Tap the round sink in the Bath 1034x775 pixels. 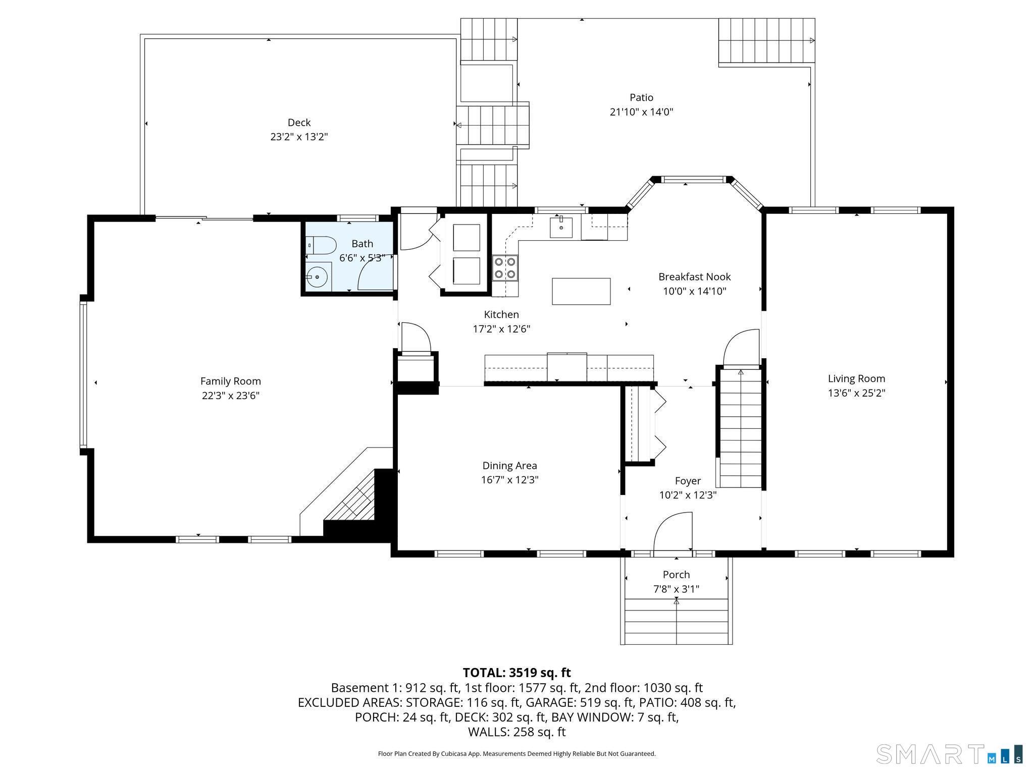(317, 277)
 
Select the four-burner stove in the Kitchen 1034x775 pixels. (505, 268)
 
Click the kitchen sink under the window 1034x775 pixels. (561, 227)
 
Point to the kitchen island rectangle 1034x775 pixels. (581, 291)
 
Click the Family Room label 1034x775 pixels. (231, 381)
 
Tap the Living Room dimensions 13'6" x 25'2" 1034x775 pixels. (857, 393)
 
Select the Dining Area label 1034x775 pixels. (510, 466)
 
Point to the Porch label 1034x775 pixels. (676, 575)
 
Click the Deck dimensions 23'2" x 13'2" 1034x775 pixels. (299, 137)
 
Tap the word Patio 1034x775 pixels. (641, 97)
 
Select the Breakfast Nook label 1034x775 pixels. (695, 277)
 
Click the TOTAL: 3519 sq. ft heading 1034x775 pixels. (516, 673)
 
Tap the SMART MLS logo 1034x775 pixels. (950, 754)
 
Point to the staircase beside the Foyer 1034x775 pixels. (740, 428)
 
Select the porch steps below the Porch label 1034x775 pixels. (677, 621)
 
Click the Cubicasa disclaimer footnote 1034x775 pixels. (516, 754)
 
